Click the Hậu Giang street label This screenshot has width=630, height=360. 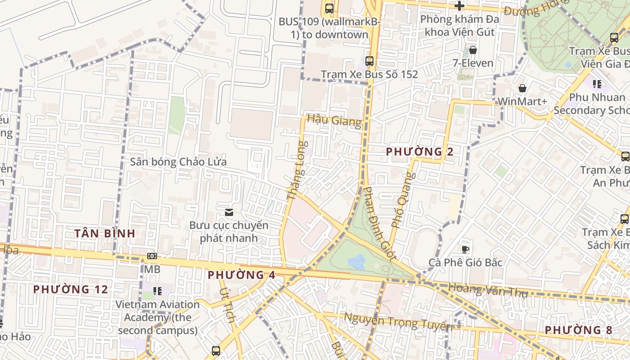pos(334,121)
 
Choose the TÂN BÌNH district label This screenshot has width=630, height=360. pos(105,233)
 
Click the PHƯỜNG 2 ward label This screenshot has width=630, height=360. pos(420,152)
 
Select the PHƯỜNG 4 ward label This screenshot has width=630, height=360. pos(242,274)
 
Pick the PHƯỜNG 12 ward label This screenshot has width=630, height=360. pos(71,289)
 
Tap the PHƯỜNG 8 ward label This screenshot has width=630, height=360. pos(578,330)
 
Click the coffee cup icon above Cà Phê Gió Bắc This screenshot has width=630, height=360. pos(465,249)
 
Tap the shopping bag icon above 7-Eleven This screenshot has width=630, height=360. pos(472,49)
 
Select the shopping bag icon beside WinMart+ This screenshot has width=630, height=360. pos(522,88)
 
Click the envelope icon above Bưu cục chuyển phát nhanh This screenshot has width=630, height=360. pos(229,212)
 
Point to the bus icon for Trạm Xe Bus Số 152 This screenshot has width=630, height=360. pos(369,61)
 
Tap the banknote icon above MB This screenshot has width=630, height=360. pos(152,256)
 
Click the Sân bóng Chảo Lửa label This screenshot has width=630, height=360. pos(178,162)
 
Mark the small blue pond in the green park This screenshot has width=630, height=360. pos(356,261)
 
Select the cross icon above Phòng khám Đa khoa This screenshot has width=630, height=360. pos(459,6)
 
